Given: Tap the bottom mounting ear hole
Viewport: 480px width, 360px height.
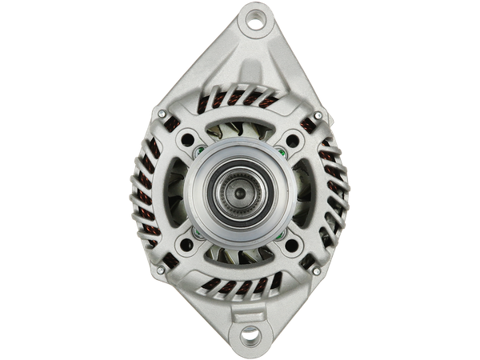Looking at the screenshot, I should click(x=251, y=335).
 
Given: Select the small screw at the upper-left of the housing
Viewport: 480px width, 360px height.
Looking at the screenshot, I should click(x=162, y=114).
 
